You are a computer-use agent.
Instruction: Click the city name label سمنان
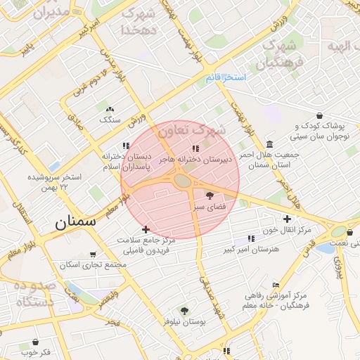[75, 224]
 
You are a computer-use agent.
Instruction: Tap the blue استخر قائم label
[226, 77]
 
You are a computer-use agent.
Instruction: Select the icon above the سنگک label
[109, 110]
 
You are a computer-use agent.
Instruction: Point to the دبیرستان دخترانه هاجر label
[198, 159]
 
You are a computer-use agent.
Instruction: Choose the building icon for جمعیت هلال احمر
[271, 144]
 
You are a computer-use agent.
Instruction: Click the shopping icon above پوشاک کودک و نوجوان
[320, 115]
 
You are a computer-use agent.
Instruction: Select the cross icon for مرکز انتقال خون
[287, 219]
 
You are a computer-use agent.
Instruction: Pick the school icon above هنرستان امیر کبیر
[252, 239]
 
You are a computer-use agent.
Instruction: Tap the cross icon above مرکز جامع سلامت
[146, 229]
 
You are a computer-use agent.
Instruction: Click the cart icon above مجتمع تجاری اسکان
[94, 255]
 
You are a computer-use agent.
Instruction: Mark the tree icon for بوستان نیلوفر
[184, 311]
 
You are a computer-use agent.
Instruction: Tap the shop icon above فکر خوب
[35, 342]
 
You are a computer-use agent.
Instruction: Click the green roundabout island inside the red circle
[182, 181]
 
